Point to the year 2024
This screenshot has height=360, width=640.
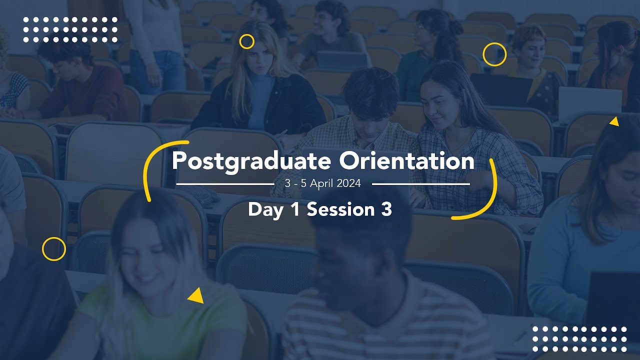349,183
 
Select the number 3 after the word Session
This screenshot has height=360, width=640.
385,209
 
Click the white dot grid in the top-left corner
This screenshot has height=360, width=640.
70,29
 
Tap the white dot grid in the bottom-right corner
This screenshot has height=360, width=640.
579,339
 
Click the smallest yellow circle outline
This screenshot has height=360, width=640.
246,41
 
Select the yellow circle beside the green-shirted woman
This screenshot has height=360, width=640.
54,249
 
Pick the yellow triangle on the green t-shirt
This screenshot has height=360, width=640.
196,296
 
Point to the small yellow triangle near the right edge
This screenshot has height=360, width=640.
614,121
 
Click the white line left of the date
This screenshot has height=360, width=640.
225,184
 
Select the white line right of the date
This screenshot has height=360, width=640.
421,184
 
